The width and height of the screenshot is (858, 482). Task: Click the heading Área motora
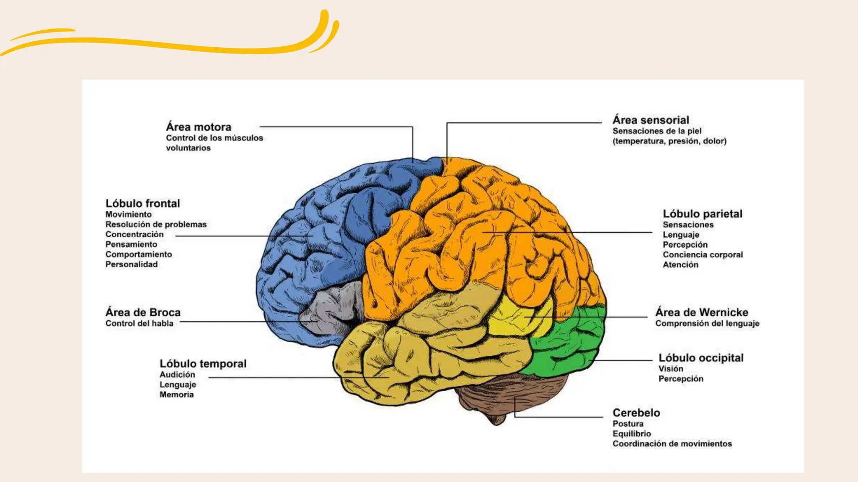pos(198,127)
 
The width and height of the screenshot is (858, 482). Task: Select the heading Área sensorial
pos(651,120)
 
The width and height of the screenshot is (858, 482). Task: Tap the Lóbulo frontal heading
pos(142,203)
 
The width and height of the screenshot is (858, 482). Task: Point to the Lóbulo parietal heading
pos(702,214)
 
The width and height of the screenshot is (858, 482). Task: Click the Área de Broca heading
pos(143,313)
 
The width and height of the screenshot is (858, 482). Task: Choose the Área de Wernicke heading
pos(702,313)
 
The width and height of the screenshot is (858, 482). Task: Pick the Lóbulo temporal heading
pos(203,364)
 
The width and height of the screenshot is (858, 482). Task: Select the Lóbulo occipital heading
pos(701,358)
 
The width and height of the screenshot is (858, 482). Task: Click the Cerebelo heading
pos(636,413)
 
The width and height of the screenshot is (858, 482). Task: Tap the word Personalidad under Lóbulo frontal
pos(132,264)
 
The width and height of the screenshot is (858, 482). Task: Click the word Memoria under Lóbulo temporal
pos(176,395)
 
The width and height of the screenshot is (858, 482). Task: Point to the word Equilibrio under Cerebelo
pos(631,434)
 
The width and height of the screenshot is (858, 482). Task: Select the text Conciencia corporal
pos(703,255)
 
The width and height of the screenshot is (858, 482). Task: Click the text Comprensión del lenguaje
pos(707,323)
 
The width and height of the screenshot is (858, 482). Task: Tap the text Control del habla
pos(139,323)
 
